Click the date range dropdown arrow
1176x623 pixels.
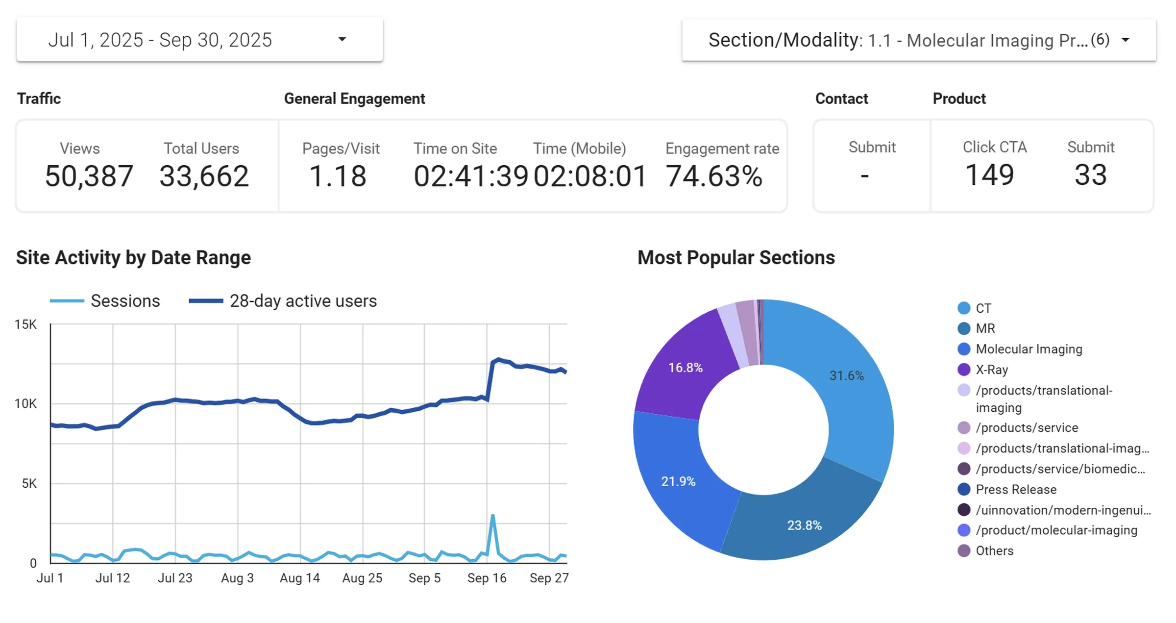point(342,39)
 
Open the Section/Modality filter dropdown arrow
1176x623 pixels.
point(1126,40)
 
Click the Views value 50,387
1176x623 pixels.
point(89,176)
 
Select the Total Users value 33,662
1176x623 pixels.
point(204,176)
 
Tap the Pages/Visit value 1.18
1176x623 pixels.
point(338,176)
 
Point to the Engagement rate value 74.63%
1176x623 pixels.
point(714,176)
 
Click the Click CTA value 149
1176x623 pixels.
point(989,175)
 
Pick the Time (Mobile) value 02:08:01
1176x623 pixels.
point(589,176)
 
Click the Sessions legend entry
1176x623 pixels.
point(125,301)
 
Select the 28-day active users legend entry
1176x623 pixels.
point(303,301)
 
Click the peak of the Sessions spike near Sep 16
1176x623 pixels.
point(492,516)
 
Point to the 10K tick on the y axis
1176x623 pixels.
point(25,404)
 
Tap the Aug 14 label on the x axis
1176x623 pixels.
point(299,578)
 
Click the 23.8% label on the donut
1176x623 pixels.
point(804,525)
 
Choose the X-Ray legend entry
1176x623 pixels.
point(991,370)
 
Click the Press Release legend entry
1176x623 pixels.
point(1015,490)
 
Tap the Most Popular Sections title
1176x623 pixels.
point(735,258)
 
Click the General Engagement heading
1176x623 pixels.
point(354,99)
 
